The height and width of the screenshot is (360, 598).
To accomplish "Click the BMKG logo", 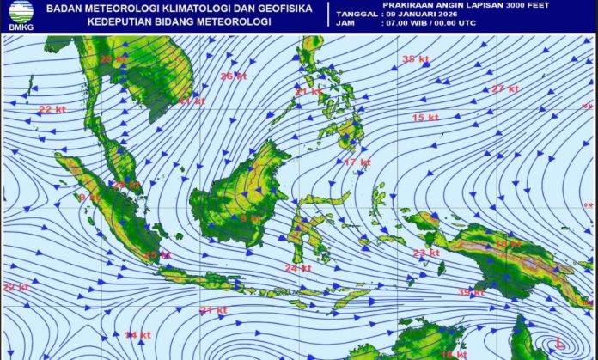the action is tap(17, 15).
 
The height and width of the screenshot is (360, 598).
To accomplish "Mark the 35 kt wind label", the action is tap(415, 58).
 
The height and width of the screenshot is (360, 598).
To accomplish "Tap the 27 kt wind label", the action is tap(504, 89).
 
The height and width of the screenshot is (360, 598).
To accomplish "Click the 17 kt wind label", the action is tap(357, 162).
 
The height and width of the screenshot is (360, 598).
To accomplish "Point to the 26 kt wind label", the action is tap(233, 76).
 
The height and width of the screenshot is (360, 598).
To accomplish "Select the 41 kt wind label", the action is tap(192, 101).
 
